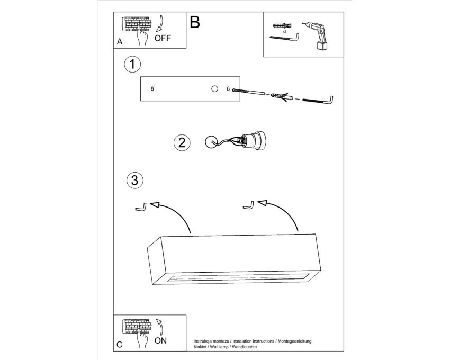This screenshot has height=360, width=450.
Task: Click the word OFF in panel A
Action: (163, 38)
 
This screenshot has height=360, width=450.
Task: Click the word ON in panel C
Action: (160, 341)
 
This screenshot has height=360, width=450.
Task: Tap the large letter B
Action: (195, 22)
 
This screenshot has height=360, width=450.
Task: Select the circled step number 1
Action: (132, 64)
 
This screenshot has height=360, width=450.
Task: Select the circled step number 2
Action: (182, 143)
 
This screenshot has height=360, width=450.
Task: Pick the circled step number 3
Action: (134, 181)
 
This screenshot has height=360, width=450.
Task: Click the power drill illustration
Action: (316, 36)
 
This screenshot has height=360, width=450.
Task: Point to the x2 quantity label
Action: (284, 32)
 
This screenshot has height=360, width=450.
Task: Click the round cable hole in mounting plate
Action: (214, 89)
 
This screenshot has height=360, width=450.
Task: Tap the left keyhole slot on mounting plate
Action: (152, 89)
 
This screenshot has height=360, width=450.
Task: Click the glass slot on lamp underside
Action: (237, 278)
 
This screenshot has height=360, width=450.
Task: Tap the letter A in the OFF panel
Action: (120, 42)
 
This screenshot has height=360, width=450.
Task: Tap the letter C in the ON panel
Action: (120, 345)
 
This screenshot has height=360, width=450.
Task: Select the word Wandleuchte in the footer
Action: (245, 347)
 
